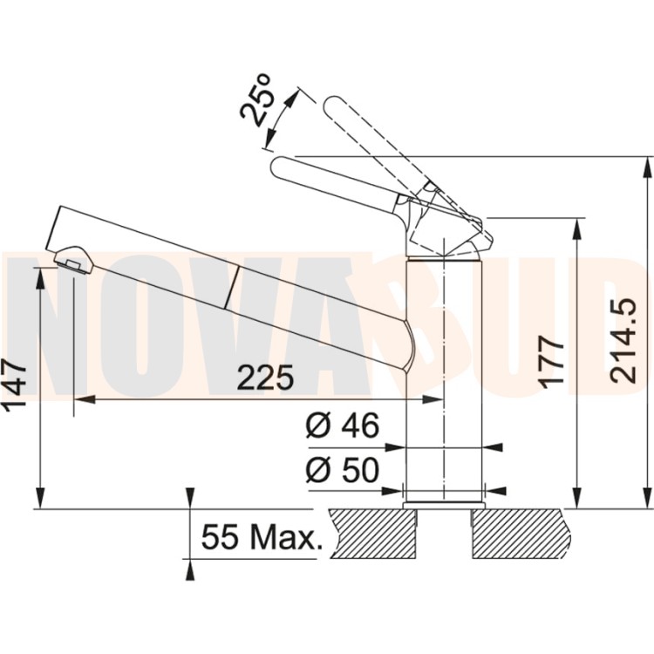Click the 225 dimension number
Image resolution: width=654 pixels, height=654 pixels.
(266, 378)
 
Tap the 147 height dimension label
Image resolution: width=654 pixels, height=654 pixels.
(15, 384)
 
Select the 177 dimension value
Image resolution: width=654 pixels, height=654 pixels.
(550, 360)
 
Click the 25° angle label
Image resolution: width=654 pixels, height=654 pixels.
(257, 99)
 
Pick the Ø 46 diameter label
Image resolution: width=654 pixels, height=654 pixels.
(343, 426)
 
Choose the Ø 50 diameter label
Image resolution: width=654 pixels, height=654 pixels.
(343, 469)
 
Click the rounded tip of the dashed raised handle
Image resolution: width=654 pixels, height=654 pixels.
(331, 105)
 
